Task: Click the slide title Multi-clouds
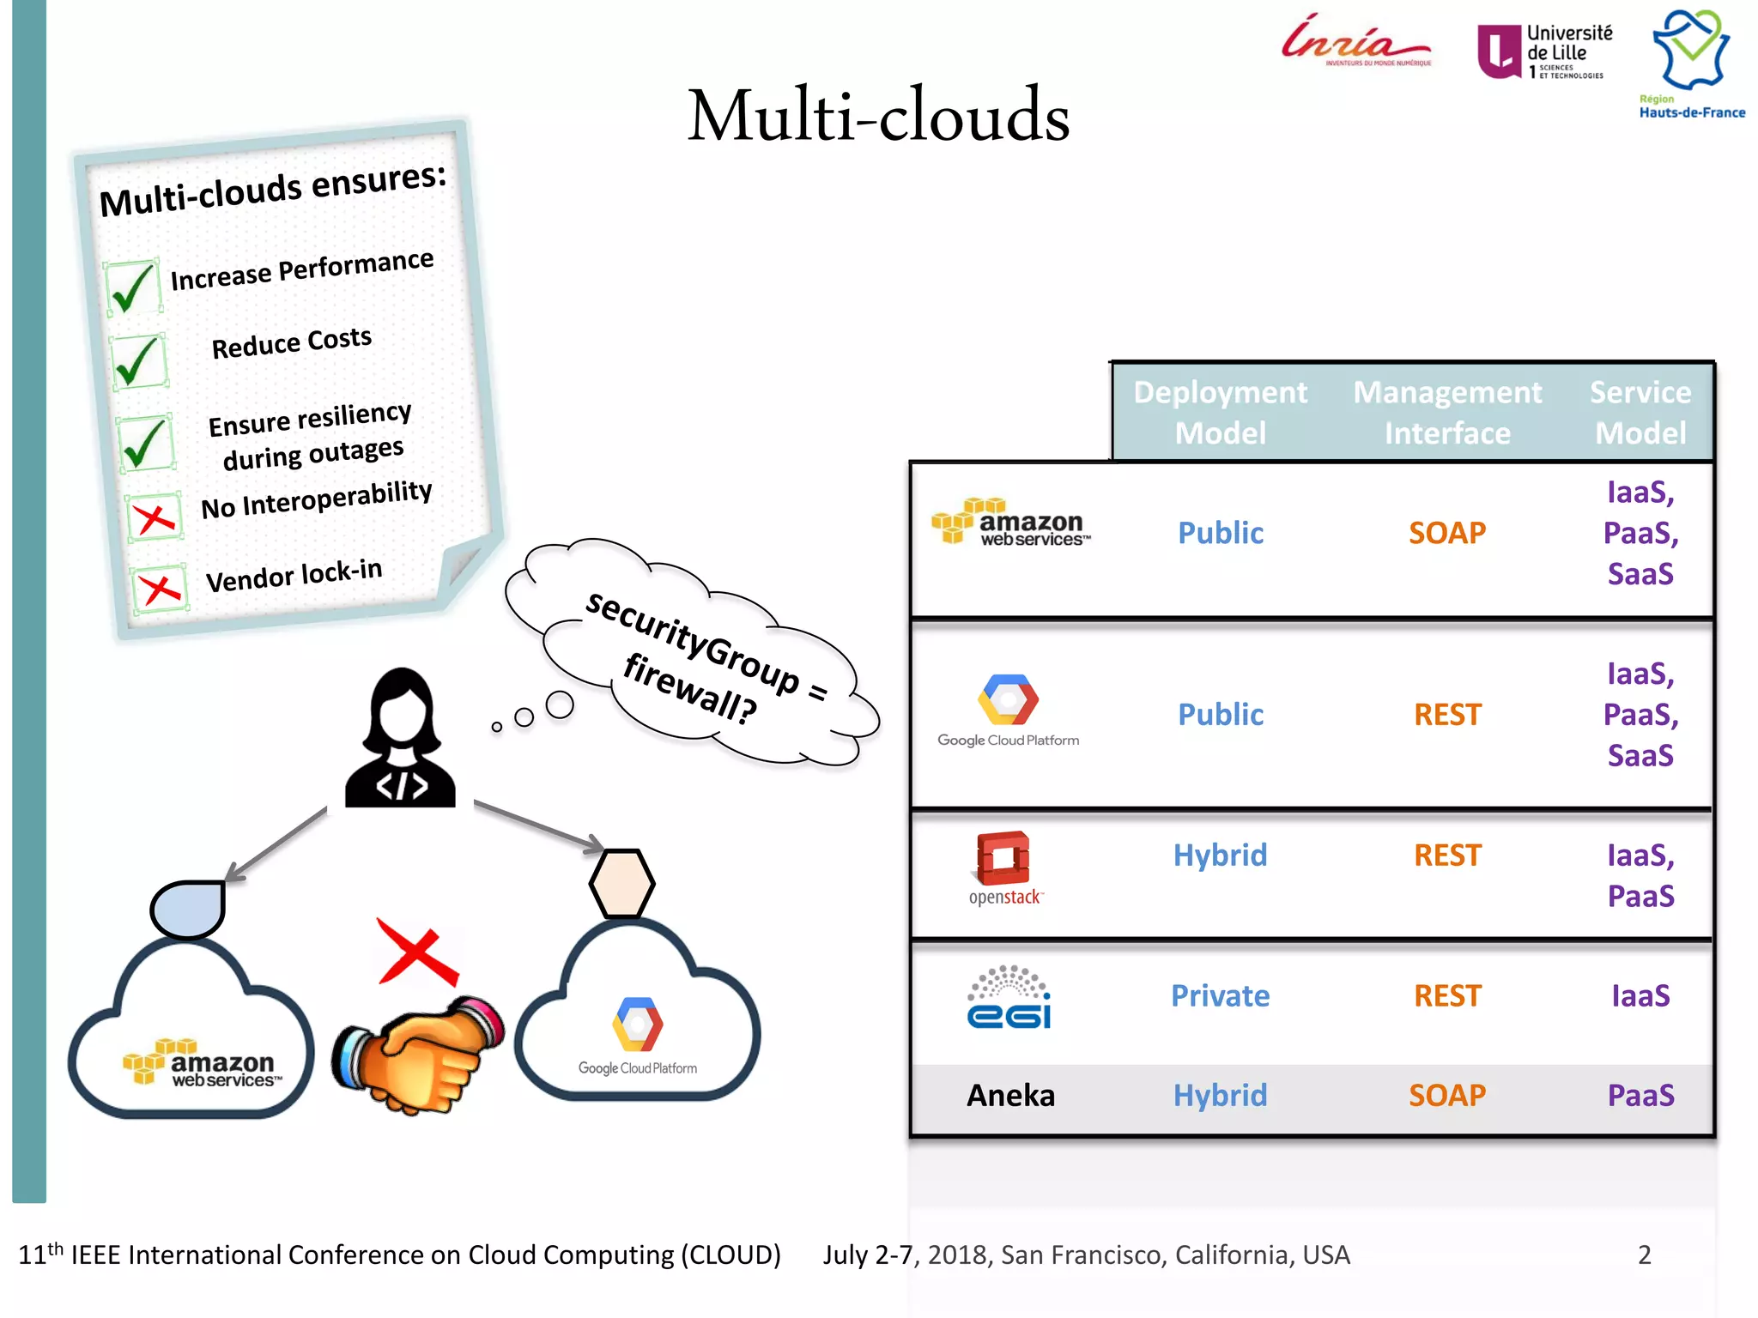(878, 116)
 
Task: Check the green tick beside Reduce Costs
(137, 360)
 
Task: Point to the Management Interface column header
(1447, 413)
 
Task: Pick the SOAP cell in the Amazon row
(1447, 533)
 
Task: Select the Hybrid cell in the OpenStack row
(1220, 855)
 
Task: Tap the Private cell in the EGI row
(1220, 995)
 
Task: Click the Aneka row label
(1010, 1096)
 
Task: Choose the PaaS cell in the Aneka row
(1640, 1096)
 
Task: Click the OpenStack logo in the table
(1004, 868)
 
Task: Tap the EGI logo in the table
(1009, 997)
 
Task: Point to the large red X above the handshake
(417, 952)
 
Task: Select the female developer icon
(400, 740)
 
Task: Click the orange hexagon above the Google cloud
(621, 883)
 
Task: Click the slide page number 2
(1644, 1255)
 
